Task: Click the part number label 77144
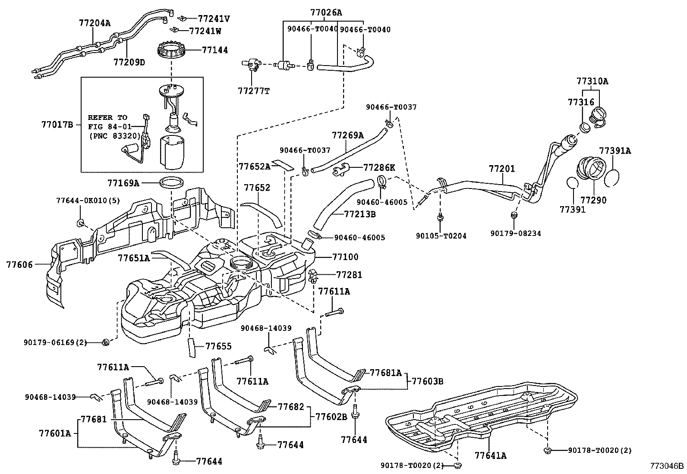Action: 215,50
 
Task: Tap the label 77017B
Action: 57,125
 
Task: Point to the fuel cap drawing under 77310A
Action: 598,116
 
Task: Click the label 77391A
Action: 615,151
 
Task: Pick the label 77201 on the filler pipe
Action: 502,169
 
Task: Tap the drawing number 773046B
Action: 668,466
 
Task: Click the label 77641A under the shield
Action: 490,455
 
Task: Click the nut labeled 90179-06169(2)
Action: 106,343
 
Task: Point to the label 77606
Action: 19,264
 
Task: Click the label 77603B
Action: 427,381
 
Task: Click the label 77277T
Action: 254,91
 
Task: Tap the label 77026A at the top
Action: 326,13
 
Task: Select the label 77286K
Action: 379,167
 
